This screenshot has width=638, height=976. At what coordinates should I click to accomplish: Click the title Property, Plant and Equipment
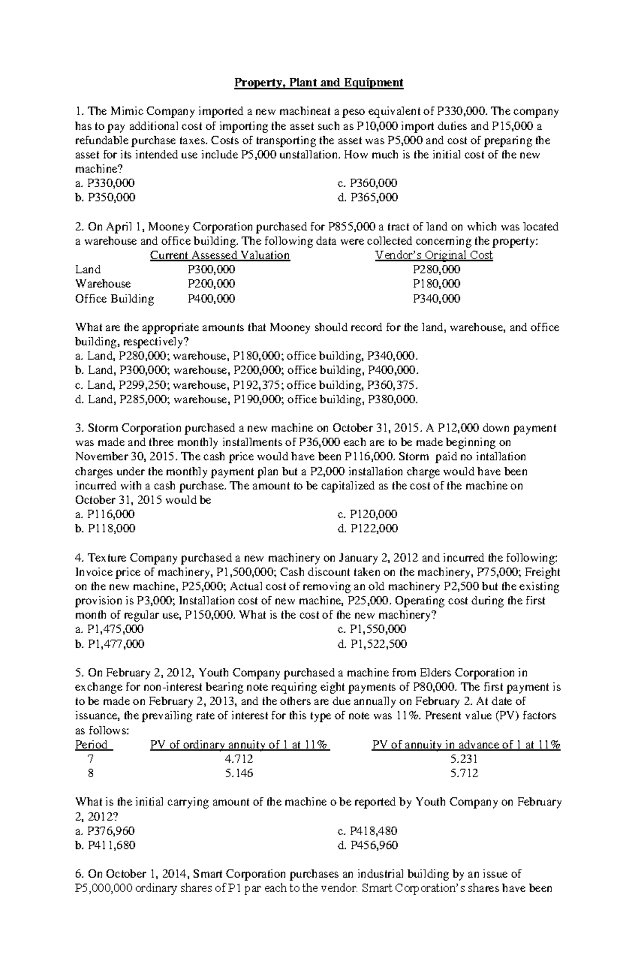tap(319, 83)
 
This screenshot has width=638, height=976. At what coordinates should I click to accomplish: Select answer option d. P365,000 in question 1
tap(367, 198)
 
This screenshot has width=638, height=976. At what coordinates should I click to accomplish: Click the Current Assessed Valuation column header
tap(220, 255)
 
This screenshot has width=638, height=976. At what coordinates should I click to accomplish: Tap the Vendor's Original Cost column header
tap(434, 255)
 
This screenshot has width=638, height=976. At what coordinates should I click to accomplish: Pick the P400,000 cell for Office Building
tap(211, 299)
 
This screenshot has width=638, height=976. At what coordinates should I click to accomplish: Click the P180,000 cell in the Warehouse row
tap(436, 284)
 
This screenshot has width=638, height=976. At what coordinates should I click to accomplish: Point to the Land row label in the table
tap(88, 270)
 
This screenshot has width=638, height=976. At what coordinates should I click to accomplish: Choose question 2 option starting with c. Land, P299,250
tap(247, 385)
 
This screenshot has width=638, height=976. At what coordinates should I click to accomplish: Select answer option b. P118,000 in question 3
tap(105, 529)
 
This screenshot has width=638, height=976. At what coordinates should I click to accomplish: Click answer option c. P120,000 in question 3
tap(367, 514)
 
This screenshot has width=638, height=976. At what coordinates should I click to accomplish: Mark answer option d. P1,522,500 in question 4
tap(372, 645)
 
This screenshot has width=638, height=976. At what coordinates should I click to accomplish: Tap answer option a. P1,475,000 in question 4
tap(110, 630)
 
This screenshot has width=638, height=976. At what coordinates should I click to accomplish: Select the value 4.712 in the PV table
tap(239, 760)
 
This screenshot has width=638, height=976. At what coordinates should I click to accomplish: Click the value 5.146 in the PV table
tap(239, 774)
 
